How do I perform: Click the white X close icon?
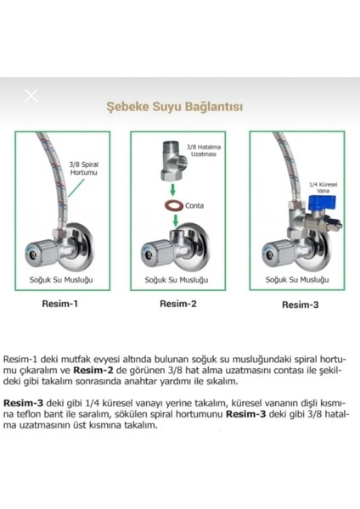click(31, 95)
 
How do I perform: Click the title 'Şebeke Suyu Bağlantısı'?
click(174, 108)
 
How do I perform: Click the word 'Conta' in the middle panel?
click(194, 205)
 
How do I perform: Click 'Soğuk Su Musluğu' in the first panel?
click(59, 279)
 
